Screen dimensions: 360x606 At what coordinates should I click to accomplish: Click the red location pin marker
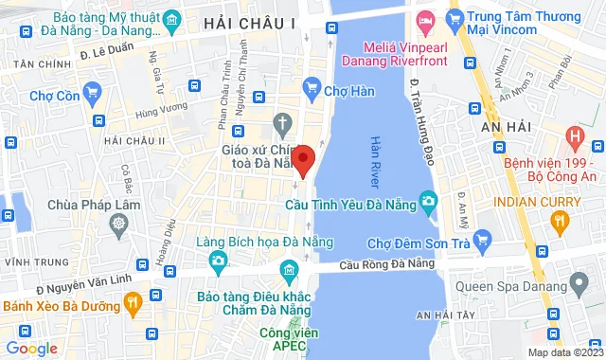pos(302,158)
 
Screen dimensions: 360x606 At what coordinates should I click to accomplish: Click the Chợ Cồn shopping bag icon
pos(92,92)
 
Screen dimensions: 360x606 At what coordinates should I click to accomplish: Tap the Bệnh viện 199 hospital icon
pos(572,138)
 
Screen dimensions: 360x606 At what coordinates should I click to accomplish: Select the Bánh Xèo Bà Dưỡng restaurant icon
pos(133,304)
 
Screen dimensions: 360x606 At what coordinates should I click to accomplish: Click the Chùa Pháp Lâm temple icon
pos(117,224)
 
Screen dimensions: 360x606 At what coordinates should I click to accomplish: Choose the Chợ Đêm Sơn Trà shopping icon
pos(483,237)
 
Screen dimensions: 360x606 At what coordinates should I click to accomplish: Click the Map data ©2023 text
pos(564,352)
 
